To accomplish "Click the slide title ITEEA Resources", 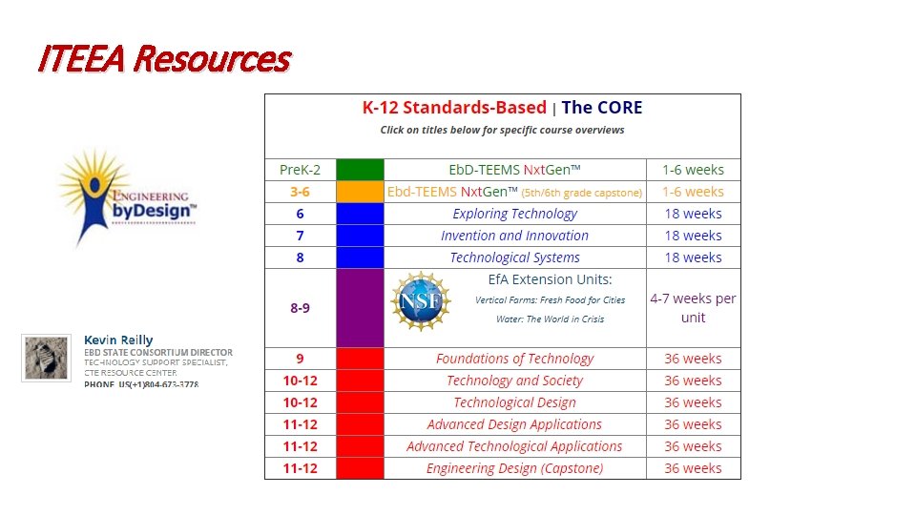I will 163,60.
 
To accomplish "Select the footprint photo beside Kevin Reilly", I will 46,358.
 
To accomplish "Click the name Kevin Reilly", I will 118,340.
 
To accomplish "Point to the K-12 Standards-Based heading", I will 453,108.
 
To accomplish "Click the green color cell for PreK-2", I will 360,170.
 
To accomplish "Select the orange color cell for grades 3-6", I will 360,192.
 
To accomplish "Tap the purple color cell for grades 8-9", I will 360,308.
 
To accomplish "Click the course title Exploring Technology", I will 514,214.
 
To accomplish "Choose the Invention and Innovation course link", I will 514,236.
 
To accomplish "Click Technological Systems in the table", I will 514,257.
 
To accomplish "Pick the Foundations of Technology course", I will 514,359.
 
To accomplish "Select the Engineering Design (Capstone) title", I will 514,468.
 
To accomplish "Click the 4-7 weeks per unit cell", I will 693,308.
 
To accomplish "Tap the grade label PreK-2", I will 300,170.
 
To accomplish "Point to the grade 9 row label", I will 300,359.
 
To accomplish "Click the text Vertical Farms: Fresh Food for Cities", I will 550,299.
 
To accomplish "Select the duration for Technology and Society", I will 693,381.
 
